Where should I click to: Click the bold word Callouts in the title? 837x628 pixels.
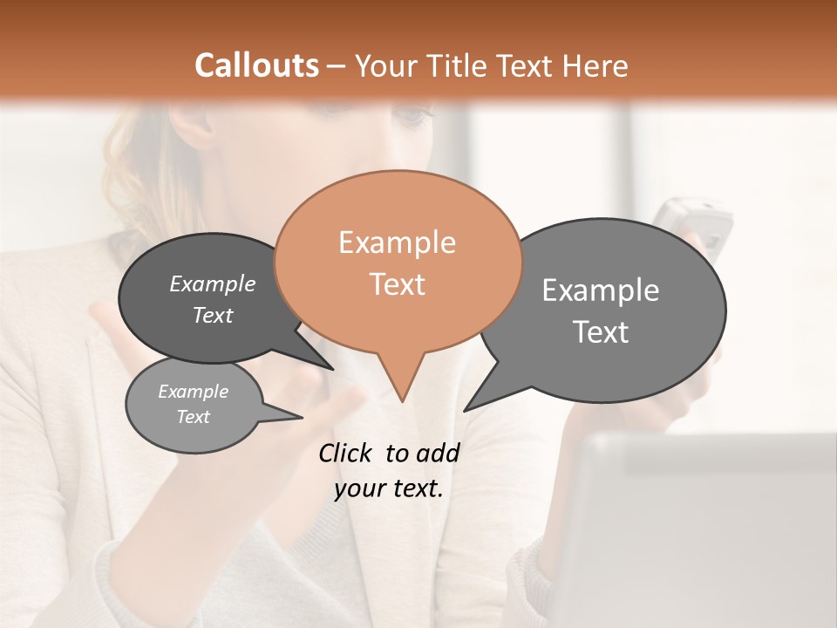coord(256,65)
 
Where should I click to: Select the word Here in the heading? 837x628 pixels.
coord(595,65)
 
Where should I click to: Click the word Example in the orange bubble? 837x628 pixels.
coord(397,242)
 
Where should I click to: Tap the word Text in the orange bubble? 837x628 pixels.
coord(397,284)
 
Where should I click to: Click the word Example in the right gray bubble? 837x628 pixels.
coord(600,290)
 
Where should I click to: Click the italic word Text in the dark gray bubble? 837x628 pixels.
coord(212,316)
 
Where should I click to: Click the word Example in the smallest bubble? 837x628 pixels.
coord(193,392)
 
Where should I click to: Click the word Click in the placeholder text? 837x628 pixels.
coord(345,453)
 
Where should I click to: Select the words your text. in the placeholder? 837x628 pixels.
coord(388,488)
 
